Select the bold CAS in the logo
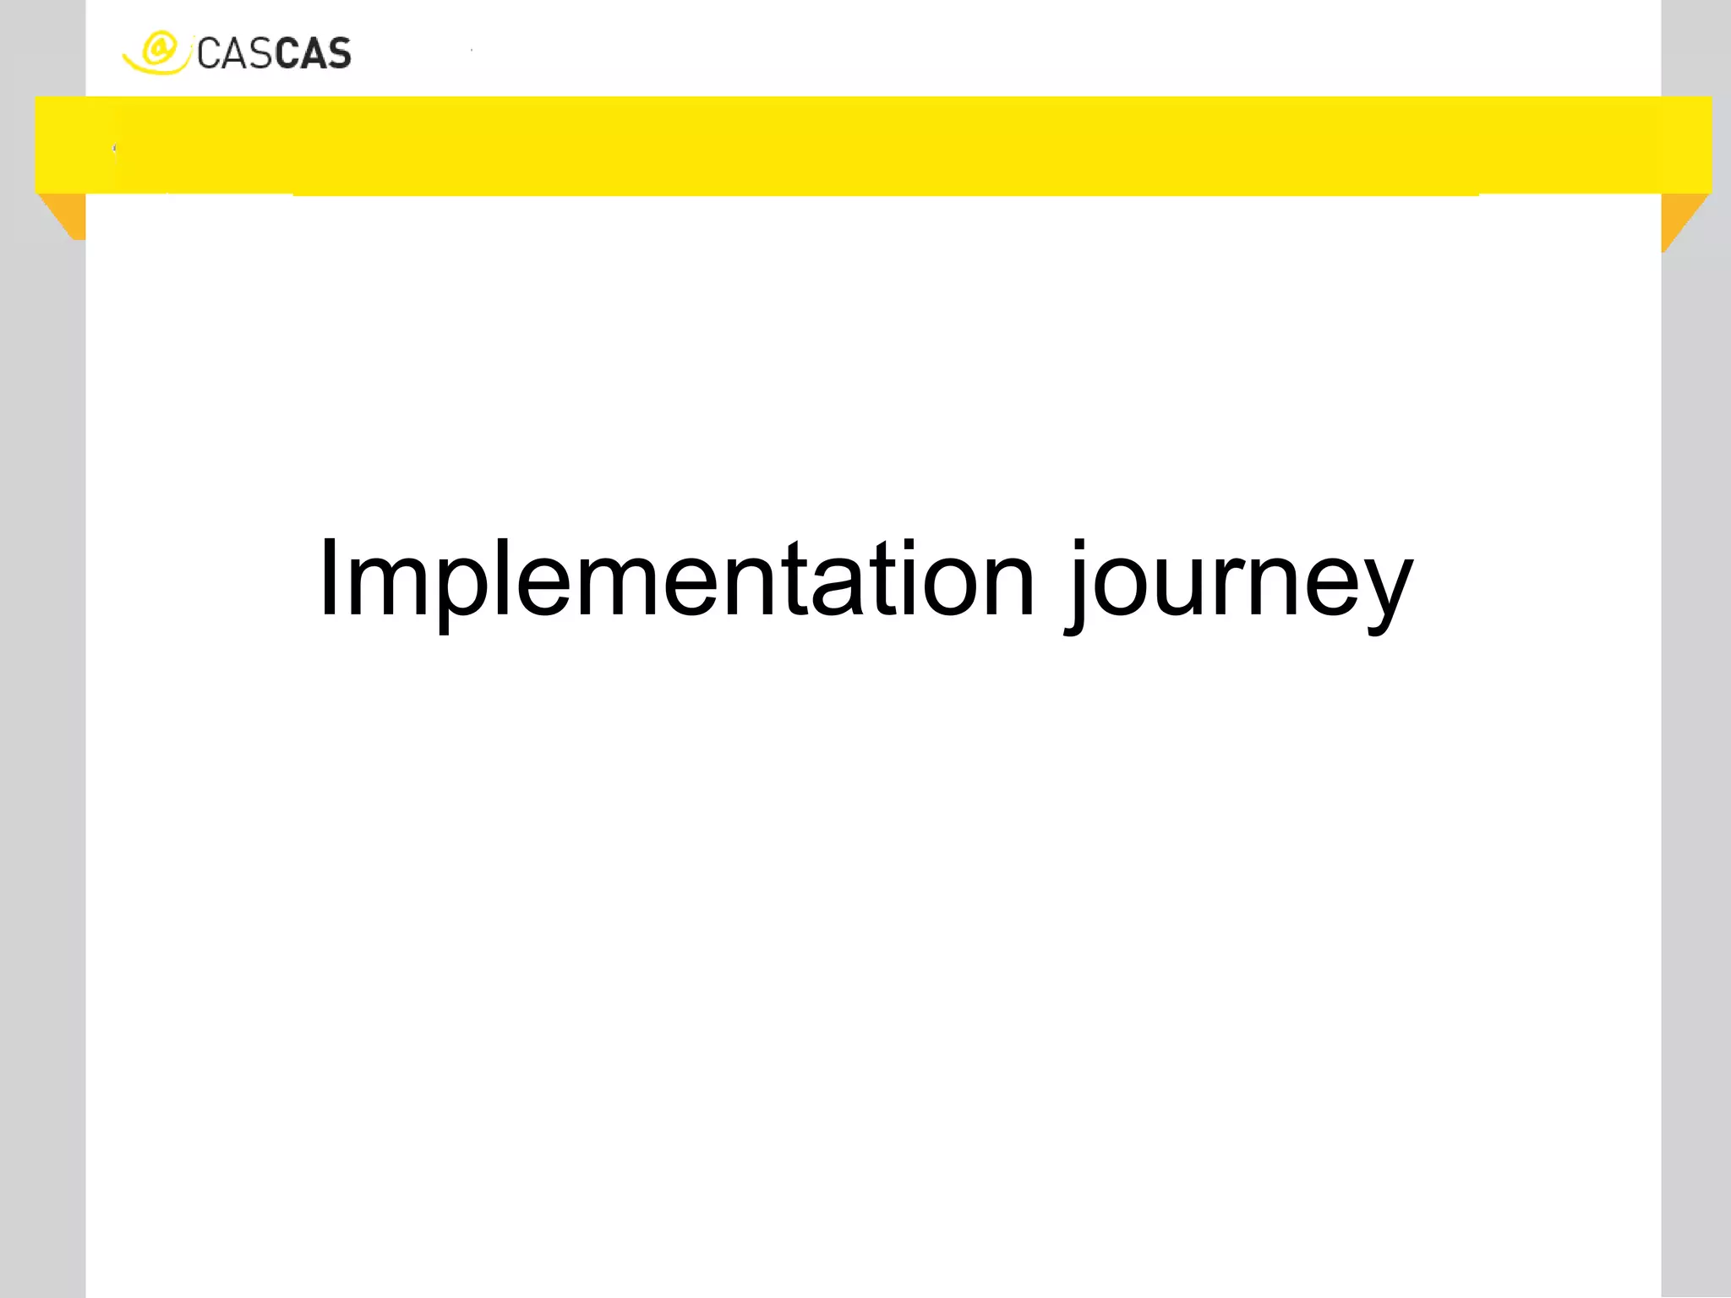pyautogui.click(x=313, y=55)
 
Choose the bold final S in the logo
pyautogui.click(x=338, y=55)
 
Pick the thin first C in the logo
pyautogui.click(x=208, y=55)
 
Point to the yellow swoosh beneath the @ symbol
pyautogui.click(x=152, y=68)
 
